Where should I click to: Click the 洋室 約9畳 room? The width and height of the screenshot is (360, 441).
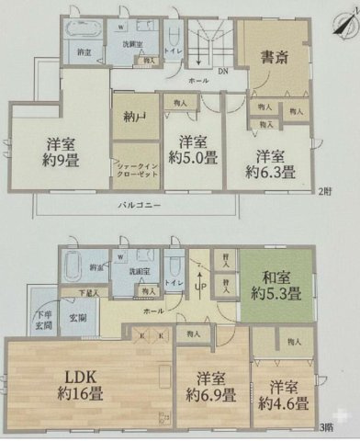(62, 153)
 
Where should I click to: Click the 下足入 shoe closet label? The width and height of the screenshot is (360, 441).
(85, 294)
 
